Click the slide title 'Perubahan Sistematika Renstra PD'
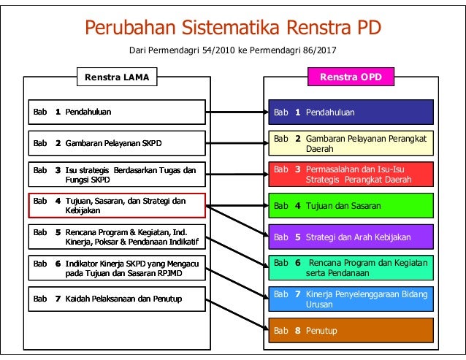(233, 28)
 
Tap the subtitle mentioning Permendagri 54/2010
(233, 50)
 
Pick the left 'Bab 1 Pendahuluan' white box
(117, 112)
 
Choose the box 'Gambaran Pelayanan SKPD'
(117, 142)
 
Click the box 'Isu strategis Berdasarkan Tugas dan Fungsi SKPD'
(117, 175)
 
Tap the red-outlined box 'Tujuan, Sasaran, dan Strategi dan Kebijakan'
(117, 205)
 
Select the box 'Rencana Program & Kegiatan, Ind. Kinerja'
(117, 237)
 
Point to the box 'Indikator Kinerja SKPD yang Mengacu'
(117, 267)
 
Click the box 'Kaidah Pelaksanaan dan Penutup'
(117, 299)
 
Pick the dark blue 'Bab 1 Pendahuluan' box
(351, 112)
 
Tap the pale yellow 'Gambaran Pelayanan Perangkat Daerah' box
(351, 143)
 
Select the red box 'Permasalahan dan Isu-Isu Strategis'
(351, 175)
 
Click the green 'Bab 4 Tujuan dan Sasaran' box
(351, 206)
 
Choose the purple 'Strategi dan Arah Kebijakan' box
(351, 237)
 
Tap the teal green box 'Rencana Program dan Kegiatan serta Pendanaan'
(351, 268)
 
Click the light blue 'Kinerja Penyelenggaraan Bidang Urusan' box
(351, 299)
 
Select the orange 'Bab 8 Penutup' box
(351, 331)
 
